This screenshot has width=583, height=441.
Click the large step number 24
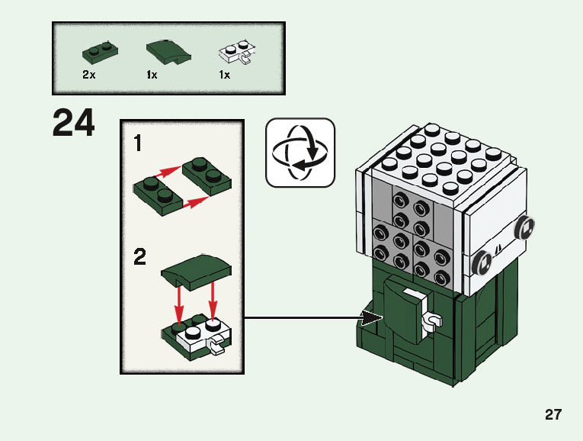(x=74, y=124)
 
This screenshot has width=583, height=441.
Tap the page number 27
(x=553, y=415)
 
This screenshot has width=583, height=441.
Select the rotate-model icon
(x=300, y=153)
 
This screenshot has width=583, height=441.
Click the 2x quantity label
(x=89, y=76)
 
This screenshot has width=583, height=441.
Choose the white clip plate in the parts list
(x=237, y=53)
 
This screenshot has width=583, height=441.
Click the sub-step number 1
(x=138, y=143)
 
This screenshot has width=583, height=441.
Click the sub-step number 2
(x=139, y=257)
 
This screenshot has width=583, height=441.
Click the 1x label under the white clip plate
(x=224, y=76)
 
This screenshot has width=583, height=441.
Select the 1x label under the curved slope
(x=152, y=76)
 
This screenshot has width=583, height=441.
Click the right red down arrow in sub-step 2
(x=213, y=298)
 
